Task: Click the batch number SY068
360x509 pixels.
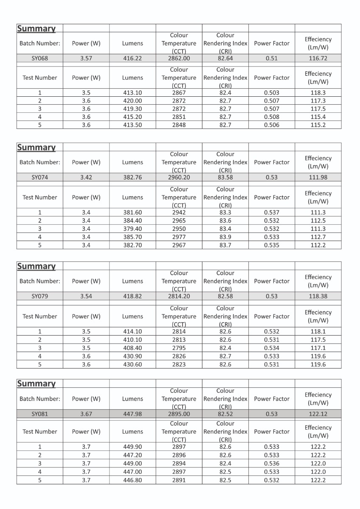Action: pyautogui.click(x=40, y=59)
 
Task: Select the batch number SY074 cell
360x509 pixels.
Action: pyautogui.click(x=40, y=178)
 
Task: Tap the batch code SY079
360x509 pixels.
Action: pyautogui.click(x=40, y=296)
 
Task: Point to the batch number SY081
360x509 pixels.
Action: pyautogui.click(x=40, y=414)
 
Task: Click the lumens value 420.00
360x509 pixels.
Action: pyautogui.click(x=132, y=101)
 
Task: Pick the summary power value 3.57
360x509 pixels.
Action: pyautogui.click(x=86, y=59)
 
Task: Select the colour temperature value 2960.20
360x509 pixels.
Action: pyautogui.click(x=179, y=178)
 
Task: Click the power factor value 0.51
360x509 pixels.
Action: pyautogui.click(x=272, y=59)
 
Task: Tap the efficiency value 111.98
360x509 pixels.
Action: pyautogui.click(x=318, y=178)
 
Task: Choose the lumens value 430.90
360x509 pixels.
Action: pyautogui.click(x=132, y=356)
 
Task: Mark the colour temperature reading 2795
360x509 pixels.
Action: pyautogui.click(x=179, y=348)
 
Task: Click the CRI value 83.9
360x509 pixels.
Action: pyautogui.click(x=225, y=237)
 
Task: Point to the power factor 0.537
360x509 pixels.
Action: pyautogui.click(x=272, y=213)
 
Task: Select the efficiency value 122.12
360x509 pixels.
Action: pyautogui.click(x=318, y=414)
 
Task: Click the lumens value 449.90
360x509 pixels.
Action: pyautogui.click(x=132, y=447)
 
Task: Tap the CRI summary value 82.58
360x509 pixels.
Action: pyautogui.click(x=225, y=296)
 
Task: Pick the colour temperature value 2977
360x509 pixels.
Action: pyautogui.click(x=179, y=237)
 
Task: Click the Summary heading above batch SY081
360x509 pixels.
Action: pyautogui.click(x=37, y=383)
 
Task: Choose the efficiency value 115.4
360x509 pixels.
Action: pyautogui.click(x=318, y=117)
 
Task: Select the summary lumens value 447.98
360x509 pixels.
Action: pyautogui.click(x=132, y=414)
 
